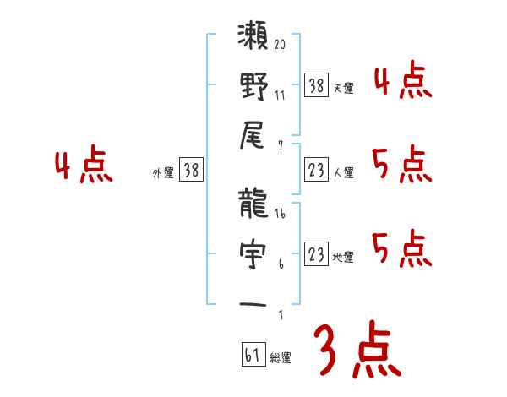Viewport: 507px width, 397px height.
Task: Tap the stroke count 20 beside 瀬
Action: tap(280, 45)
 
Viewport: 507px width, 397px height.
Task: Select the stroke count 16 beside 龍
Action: tap(280, 215)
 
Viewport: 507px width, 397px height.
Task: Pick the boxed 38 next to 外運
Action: tap(191, 170)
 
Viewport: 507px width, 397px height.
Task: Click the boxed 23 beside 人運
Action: tap(315, 170)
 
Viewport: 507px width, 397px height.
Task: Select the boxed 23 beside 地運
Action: tap(315, 254)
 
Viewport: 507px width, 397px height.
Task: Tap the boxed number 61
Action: tap(252, 355)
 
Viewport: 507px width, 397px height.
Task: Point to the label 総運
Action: tap(281, 357)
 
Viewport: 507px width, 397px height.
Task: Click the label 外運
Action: tap(162, 172)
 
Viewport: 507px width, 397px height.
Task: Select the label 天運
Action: tap(343, 87)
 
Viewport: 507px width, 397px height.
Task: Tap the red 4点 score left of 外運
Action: tap(83, 166)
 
